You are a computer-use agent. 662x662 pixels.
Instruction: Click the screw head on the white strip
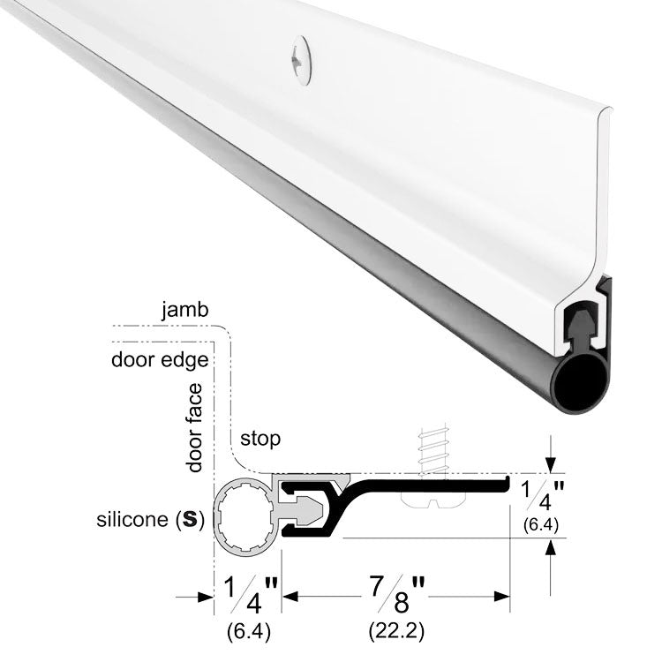[302, 61]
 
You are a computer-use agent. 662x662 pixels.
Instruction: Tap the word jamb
[185, 311]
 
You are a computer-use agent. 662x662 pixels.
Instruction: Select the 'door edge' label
[160, 360]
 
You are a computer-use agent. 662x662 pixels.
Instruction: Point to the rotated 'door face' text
[195, 428]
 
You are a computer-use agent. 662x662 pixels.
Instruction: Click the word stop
[260, 439]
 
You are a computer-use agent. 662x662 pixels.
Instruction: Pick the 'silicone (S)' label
[150, 519]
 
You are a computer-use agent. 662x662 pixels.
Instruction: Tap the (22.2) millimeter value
[396, 632]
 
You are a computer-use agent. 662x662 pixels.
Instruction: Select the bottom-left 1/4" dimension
[251, 594]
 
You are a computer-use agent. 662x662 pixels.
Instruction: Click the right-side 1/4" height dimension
[543, 496]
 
